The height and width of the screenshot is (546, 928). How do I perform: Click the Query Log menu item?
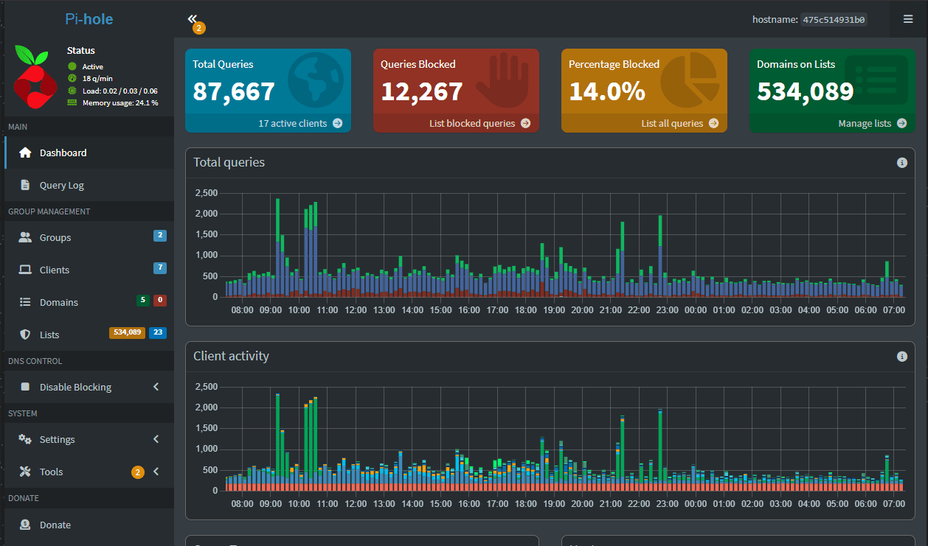(61, 186)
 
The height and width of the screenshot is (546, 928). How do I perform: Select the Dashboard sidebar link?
(63, 153)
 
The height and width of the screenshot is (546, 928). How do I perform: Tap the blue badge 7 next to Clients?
(160, 268)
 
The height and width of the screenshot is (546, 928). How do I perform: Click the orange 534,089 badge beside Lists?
(127, 333)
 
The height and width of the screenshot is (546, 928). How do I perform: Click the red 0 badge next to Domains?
(160, 301)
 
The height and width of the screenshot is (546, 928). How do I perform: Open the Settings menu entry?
(57, 440)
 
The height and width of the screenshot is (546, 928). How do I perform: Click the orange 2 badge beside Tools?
(137, 472)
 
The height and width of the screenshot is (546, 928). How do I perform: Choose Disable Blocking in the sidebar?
(75, 388)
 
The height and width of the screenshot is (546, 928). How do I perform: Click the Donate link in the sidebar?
(55, 525)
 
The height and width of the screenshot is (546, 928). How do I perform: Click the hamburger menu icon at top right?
(908, 19)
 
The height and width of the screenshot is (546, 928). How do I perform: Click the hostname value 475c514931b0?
(834, 20)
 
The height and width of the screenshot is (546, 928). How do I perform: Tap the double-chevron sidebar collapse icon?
(193, 18)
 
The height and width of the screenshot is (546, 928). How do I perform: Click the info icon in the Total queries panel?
(901, 163)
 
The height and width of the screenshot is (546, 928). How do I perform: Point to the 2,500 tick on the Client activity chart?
(206, 387)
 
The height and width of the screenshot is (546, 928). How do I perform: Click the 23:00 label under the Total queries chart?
(667, 310)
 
